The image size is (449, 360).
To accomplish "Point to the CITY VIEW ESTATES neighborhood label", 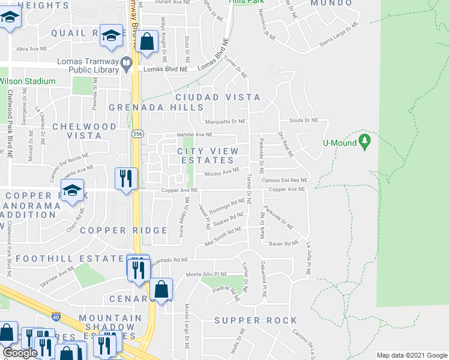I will point(208,156).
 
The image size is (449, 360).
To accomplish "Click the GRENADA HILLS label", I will point(156,107).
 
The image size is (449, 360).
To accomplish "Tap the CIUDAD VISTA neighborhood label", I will point(218,97).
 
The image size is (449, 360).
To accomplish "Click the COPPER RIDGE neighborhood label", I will point(123,230).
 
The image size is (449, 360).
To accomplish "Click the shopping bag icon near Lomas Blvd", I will point(146,43).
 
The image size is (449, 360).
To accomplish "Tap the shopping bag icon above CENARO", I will point(161,290).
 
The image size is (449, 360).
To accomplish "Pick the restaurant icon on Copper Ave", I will point(126,178).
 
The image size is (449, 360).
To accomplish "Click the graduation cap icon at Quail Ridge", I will point(110,35).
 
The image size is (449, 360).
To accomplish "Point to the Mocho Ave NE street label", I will point(222,174).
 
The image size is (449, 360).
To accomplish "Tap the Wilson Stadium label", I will point(28,81).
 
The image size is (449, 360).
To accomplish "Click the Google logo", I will point(20,353).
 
